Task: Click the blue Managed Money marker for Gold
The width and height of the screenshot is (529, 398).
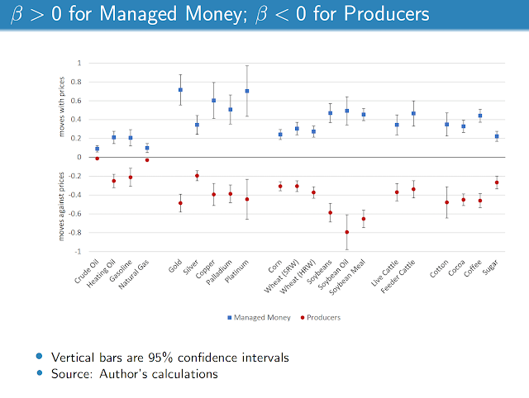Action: pos(180,90)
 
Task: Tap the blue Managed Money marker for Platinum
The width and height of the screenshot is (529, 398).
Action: pos(247,91)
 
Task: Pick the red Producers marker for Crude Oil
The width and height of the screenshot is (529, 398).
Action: pos(97,158)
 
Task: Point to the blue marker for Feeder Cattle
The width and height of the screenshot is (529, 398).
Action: pos(413,114)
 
